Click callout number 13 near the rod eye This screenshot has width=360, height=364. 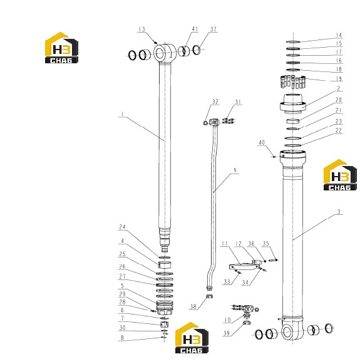tap(141, 29)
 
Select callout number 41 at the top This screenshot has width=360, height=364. tap(195, 29)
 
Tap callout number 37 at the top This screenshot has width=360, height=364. tap(213, 29)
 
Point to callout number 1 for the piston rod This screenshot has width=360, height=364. tap(122, 114)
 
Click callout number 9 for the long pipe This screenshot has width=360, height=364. tap(235, 170)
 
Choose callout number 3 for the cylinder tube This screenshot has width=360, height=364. tap(339, 212)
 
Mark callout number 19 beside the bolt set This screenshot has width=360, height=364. tap(339, 78)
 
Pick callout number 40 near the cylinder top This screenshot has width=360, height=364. tap(262, 143)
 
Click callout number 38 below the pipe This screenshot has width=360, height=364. tap(193, 306)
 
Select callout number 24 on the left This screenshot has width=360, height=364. tap(122, 227)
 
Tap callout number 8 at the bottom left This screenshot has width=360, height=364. tap(122, 338)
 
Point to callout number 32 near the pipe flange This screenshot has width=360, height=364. tap(215, 101)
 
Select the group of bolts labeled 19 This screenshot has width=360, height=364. tap(293, 82)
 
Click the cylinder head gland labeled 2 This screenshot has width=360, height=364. tap(293, 104)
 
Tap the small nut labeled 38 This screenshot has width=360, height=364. tap(210, 296)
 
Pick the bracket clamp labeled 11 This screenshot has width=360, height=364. tap(244, 266)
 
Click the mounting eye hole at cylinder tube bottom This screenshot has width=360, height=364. tap(287, 331)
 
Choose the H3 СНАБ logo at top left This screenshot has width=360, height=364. tap(61, 48)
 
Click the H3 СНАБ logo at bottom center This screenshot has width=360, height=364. tap(192, 338)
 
